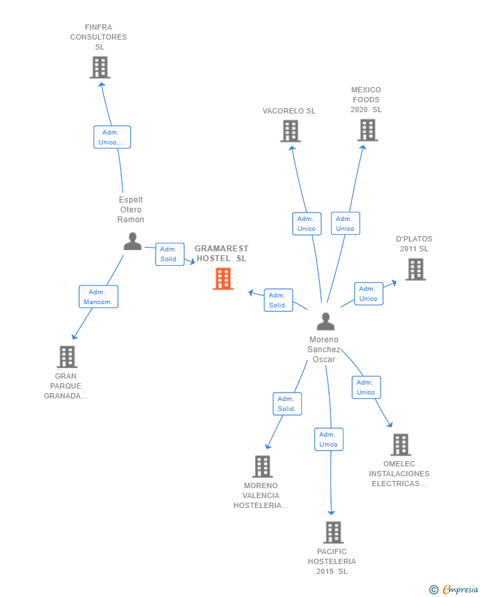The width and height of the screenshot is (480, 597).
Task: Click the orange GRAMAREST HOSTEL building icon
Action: pyautogui.click(x=223, y=278)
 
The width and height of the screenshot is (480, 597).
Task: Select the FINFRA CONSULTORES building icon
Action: pyautogui.click(x=100, y=67)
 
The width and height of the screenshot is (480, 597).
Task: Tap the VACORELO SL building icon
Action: pyautogui.click(x=290, y=131)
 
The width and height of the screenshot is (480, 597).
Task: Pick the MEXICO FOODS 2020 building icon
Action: pyautogui.click(x=367, y=130)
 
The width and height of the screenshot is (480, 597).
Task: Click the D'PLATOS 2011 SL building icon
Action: pyautogui.click(x=415, y=269)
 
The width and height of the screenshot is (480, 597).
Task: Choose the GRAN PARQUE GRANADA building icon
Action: pyautogui.click(x=67, y=357)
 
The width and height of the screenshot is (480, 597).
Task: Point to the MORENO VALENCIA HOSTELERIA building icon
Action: pyautogui.click(x=262, y=466)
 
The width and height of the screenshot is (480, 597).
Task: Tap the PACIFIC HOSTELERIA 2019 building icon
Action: pyautogui.click(x=333, y=532)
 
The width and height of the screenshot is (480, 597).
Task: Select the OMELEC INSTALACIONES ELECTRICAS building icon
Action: pyautogui.click(x=400, y=445)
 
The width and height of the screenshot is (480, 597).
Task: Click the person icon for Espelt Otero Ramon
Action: pyautogui.click(x=133, y=241)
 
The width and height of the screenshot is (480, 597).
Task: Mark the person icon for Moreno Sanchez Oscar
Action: pyautogui.click(x=326, y=321)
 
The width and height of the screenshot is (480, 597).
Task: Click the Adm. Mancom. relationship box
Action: pyautogui.click(x=98, y=297)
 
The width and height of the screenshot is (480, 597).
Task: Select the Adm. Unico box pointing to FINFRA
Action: pyautogui.click(x=112, y=137)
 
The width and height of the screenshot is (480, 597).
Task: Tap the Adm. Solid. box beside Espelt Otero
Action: pyautogui.click(x=169, y=254)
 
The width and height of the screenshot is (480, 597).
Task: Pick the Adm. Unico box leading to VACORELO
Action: pyautogui.click(x=307, y=224)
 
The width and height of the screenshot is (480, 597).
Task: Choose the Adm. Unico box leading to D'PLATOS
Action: pyautogui.click(x=369, y=294)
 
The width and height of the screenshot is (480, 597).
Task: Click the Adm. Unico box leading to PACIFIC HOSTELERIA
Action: pyautogui.click(x=328, y=439)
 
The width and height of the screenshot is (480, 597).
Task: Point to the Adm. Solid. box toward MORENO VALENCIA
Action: pyautogui.click(x=287, y=404)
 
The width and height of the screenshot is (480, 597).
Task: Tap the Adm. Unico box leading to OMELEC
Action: pyautogui.click(x=366, y=387)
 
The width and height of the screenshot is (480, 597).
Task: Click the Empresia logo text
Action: pyautogui.click(x=460, y=589)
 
